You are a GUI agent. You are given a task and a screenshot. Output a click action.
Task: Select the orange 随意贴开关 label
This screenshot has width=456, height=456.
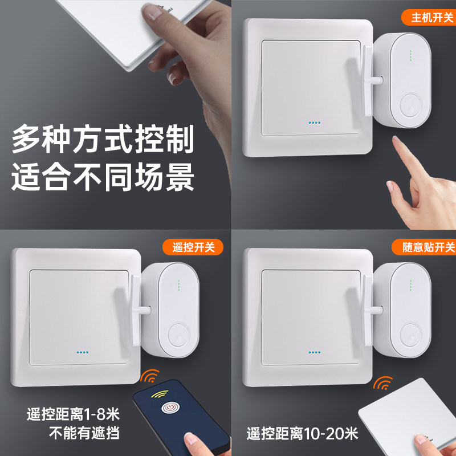pyautogui.click(x=424, y=247)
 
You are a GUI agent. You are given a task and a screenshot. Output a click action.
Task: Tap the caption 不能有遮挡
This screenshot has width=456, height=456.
pyautogui.click(x=83, y=433)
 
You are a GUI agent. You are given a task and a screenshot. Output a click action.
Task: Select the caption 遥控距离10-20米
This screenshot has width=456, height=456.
pyautogui.click(x=302, y=434)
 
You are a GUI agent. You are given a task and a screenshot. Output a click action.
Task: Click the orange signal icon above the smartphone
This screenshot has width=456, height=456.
pyautogui.click(x=150, y=377)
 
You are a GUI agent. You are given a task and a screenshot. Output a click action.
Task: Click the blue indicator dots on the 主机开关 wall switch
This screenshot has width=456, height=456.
pyautogui.click(x=314, y=122)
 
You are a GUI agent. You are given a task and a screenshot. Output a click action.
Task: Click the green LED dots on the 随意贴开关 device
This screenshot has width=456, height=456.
pyautogui.click(x=409, y=285)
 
